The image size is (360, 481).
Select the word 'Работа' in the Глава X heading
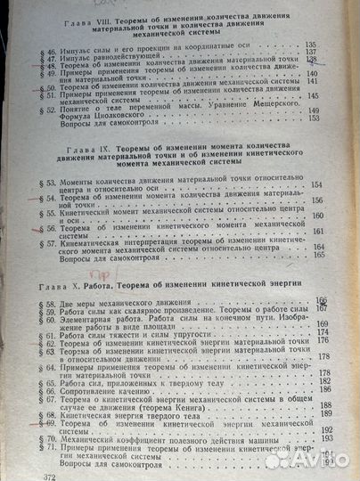click(x=126, y=284)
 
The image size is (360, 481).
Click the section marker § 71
click(x=40, y=439)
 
